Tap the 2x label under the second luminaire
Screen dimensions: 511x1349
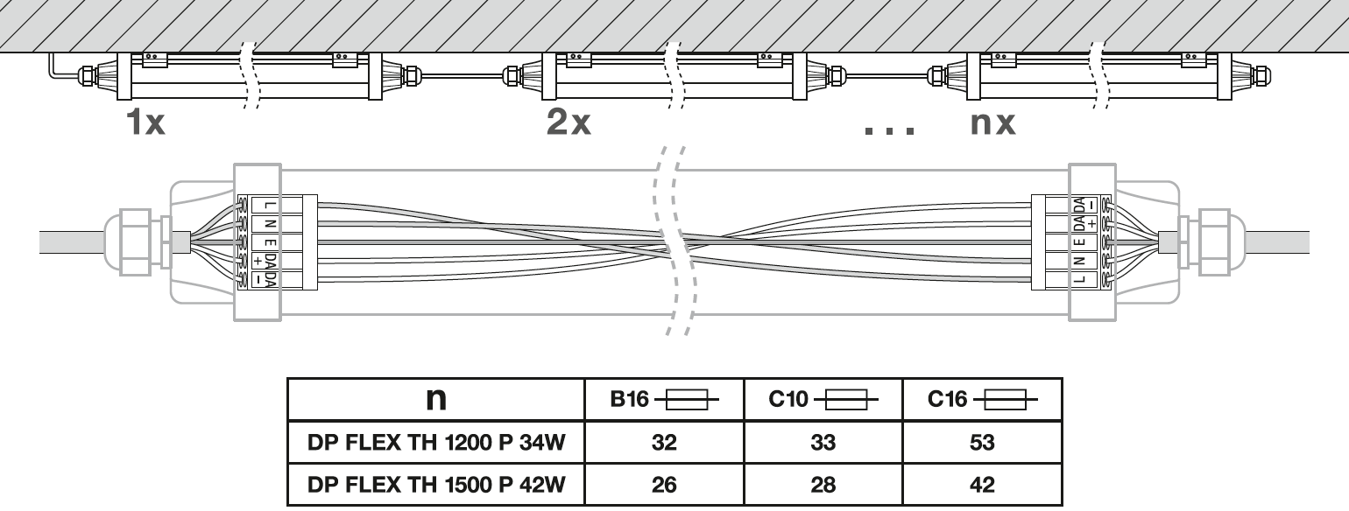point(569,122)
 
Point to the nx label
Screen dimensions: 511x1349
point(993,122)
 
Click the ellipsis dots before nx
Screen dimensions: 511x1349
point(890,129)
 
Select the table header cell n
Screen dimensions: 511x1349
point(435,399)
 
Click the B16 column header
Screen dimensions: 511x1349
point(664,400)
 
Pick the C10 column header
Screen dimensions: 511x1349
point(823,400)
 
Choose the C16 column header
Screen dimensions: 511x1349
point(982,400)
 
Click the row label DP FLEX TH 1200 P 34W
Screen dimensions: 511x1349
point(436,444)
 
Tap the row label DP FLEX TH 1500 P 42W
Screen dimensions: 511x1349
point(436,484)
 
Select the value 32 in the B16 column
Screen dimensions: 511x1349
point(664,444)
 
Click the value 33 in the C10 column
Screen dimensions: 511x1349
point(823,444)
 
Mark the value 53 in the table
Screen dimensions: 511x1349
point(982,444)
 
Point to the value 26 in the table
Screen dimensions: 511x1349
point(664,484)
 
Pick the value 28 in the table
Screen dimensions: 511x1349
point(823,484)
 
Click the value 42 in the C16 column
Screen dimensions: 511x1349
point(982,484)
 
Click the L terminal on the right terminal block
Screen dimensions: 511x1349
point(1079,279)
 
